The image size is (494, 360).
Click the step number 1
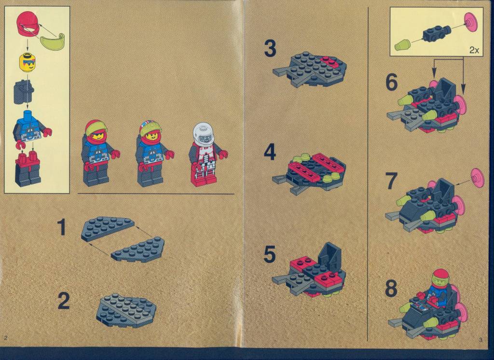coord(62,227)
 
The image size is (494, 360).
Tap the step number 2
coord(64,301)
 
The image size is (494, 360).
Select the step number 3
coord(270,49)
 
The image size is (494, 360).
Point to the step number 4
coord(270,152)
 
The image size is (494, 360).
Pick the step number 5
coord(270,254)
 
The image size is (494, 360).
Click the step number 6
coord(392,82)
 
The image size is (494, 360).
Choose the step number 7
coord(391,181)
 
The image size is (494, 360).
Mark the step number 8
coord(391,289)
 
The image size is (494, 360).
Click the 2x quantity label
coord(474,50)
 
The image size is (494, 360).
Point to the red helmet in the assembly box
coord(27,23)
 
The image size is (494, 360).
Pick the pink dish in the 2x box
coord(471,22)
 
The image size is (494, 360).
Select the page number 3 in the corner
coord(480,340)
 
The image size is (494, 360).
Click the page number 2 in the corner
coord(6,338)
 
